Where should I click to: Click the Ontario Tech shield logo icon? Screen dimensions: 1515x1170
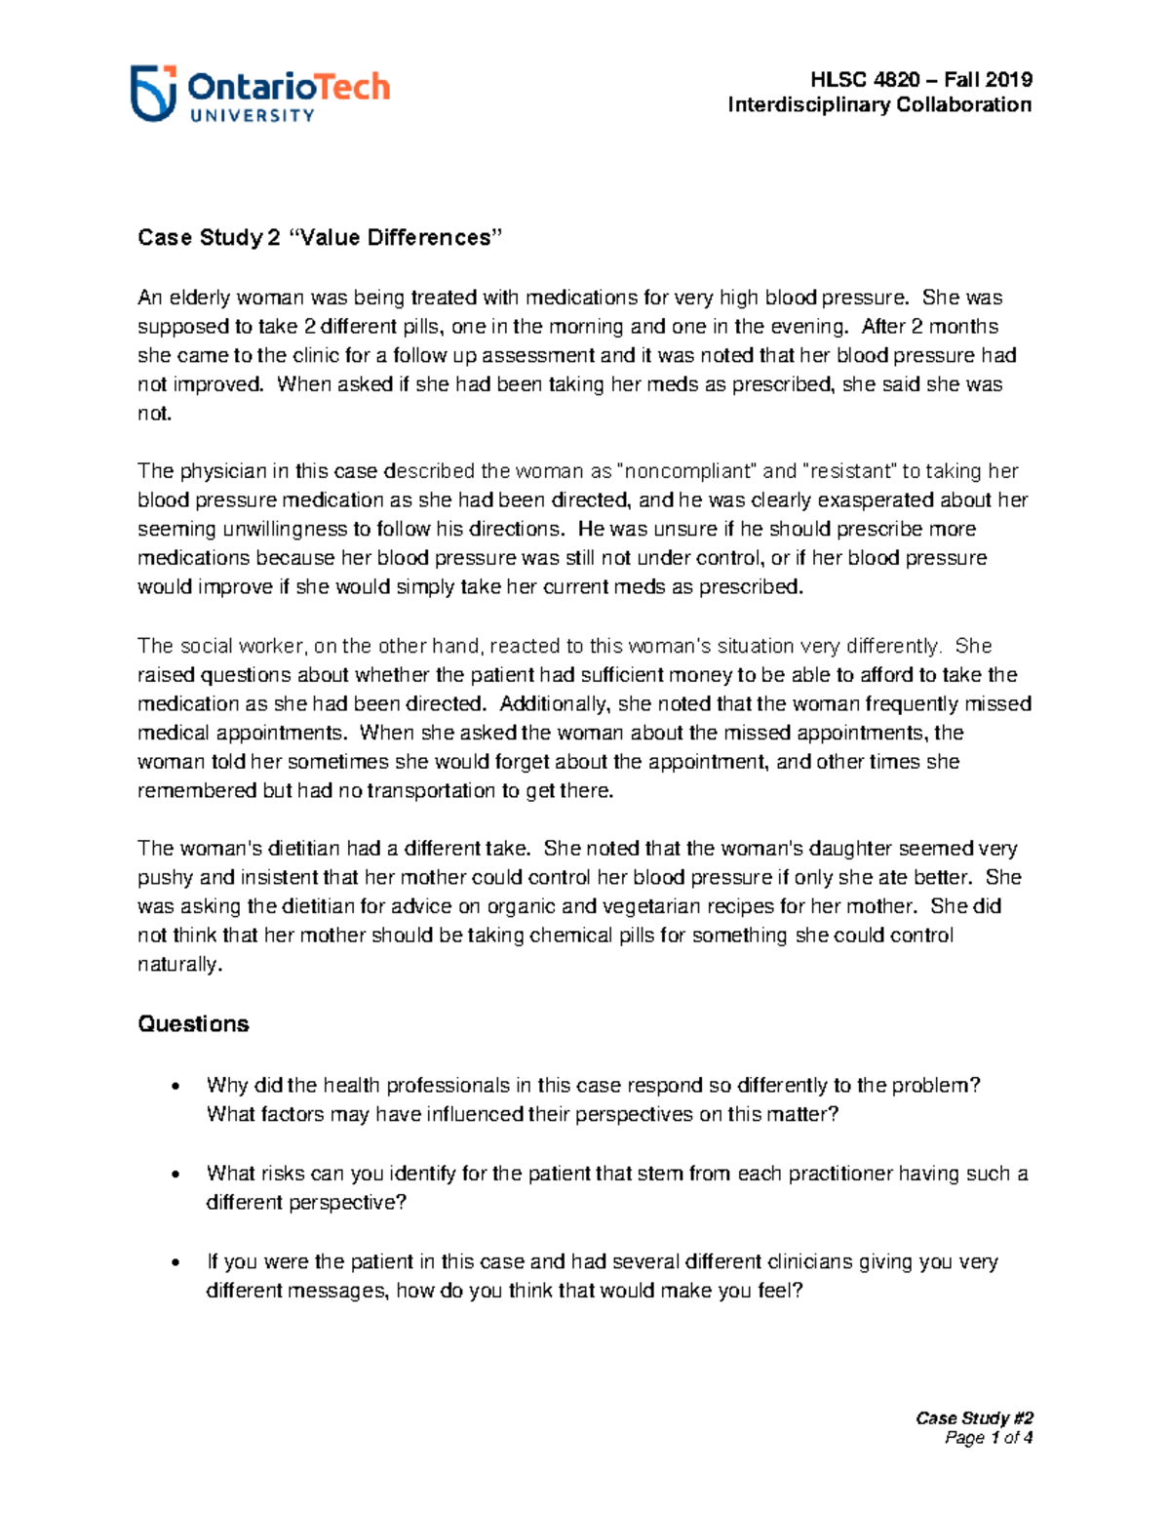pos(154,93)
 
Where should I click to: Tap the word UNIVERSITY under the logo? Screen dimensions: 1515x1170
pos(252,116)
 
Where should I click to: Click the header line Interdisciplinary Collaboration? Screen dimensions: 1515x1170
pos(879,105)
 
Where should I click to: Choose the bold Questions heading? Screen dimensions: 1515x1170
pos(193,1024)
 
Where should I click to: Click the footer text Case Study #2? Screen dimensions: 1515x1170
pos(974,1418)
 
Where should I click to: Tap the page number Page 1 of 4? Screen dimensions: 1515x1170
pos(989,1438)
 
